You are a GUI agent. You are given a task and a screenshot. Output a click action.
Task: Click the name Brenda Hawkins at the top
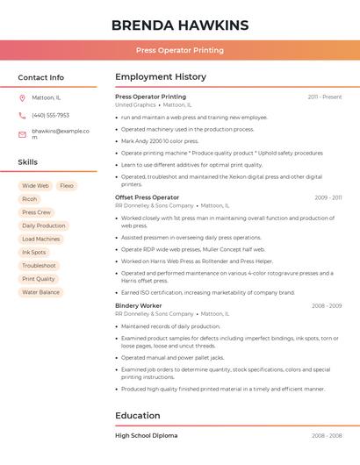point(180,25)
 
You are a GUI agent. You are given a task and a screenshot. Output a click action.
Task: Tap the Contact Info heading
point(41,77)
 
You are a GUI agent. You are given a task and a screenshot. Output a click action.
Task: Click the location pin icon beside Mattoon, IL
point(22,97)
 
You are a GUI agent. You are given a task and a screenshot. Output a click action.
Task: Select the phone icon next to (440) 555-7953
point(22,115)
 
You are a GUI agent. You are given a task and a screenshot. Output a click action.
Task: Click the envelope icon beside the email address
point(22,134)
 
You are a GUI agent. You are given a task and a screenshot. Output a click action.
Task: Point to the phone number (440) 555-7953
point(50,115)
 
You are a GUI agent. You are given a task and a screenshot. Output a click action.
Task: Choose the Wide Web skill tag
point(35,186)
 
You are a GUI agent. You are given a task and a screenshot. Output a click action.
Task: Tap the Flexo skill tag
point(67,186)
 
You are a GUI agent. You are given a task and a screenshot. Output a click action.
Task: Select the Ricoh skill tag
point(30,199)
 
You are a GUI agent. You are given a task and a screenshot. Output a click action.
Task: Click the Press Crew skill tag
point(36,212)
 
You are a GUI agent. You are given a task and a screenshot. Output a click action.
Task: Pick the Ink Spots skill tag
point(33,252)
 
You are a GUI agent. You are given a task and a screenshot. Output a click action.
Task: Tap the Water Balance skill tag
point(40,292)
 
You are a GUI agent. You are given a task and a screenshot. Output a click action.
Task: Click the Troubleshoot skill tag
point(39,265)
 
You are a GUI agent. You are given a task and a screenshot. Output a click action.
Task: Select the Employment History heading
point(161,77)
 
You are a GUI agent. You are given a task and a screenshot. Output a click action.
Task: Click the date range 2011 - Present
point(325,97)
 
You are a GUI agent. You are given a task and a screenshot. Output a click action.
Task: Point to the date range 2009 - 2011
point(328,197)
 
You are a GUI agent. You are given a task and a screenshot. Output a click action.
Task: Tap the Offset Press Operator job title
point(147,197)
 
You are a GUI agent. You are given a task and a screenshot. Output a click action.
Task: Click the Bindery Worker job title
point(139,305)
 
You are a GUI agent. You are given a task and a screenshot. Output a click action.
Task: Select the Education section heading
point(138,415)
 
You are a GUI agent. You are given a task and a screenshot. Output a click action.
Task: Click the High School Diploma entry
point(146,435)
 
